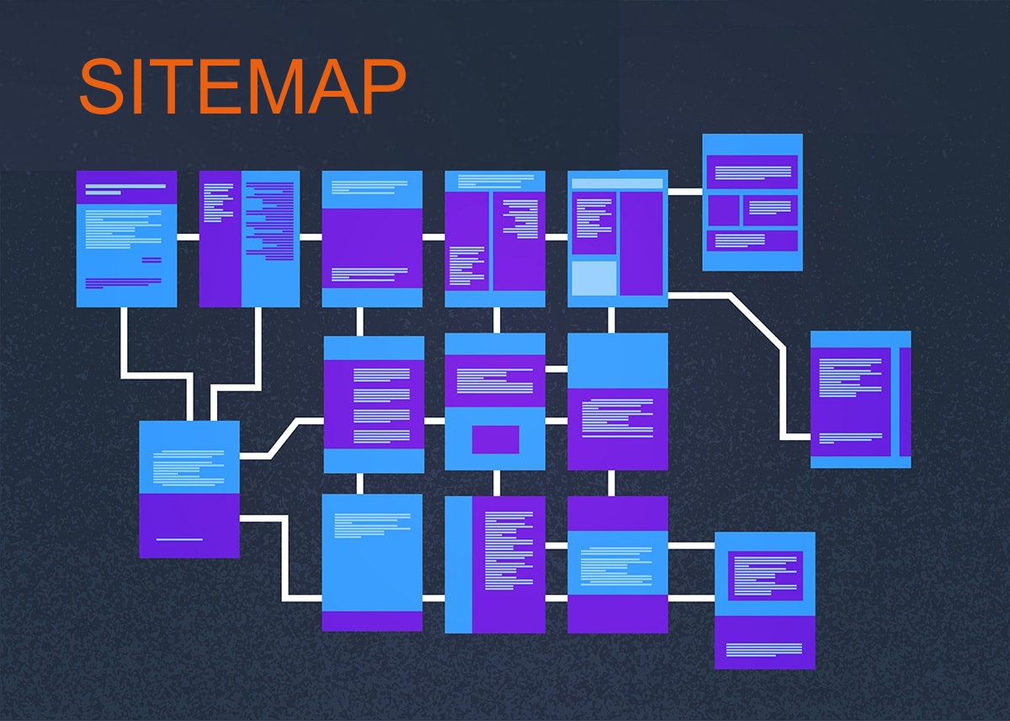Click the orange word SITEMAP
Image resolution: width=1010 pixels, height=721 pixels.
[242, 87]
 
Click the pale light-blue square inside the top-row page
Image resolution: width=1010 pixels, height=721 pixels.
[594, 278]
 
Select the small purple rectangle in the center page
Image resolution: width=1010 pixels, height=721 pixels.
[495, 439]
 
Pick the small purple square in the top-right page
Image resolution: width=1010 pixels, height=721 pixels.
[722, 210]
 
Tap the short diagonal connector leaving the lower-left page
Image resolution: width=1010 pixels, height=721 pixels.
[284, 437]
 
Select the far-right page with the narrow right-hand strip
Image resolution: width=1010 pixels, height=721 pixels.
[860, 400]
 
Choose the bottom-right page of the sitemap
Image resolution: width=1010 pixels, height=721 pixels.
[764, 600]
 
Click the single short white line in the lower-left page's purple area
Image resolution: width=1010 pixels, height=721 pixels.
[179, 539]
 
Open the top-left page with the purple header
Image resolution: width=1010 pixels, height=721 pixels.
[126, 239]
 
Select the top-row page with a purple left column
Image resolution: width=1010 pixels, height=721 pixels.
[249, 239]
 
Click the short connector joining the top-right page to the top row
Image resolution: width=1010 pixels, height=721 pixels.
[685, 192]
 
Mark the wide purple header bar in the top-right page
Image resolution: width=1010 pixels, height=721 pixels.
[752, 172]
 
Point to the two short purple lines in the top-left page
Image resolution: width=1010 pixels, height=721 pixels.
[151, 260]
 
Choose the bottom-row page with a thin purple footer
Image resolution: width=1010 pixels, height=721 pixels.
[372, 562]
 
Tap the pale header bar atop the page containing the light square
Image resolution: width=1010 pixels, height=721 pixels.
[617, 183]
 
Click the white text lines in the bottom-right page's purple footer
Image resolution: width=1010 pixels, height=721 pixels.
[763, 649]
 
